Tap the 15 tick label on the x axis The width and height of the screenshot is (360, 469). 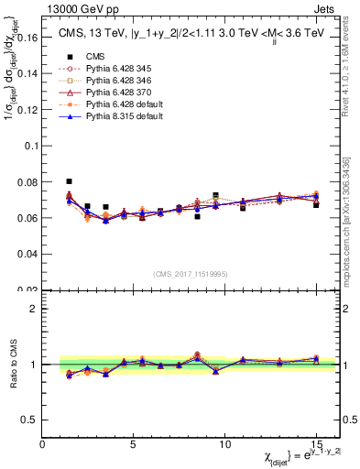316,444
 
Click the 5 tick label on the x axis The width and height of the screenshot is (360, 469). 134,444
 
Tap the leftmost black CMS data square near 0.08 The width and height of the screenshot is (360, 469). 70,181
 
